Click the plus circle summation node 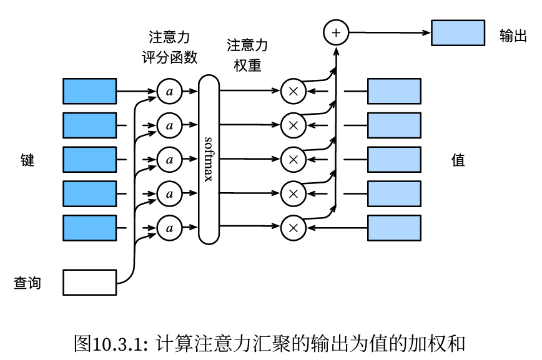[336, 32]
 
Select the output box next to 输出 [458, 33]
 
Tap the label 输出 [513, 36]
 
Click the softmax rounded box [209, 159]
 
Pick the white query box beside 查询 [89, 282]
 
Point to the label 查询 [27, 283]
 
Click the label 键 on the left [27, 160]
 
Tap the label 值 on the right [458, 160]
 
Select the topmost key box [89, 91]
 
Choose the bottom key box [89, 228]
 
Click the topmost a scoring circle [168, 91]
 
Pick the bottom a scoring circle [168, 228]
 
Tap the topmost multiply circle [292, 91]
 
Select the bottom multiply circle [292, 228]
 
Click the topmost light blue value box [393, 91]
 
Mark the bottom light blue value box [393, 228]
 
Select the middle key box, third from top [89, 159]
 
